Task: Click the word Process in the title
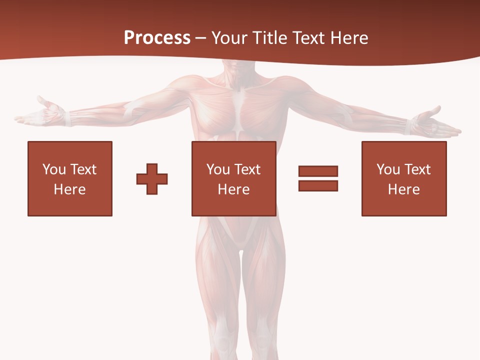157,38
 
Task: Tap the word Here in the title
349,38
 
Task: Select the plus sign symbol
152,178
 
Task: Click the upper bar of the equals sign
318,171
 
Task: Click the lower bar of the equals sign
318,185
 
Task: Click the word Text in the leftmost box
83,169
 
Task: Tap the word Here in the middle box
233,189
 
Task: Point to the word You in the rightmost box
388,169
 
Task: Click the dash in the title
201,38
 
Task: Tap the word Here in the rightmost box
404,189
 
